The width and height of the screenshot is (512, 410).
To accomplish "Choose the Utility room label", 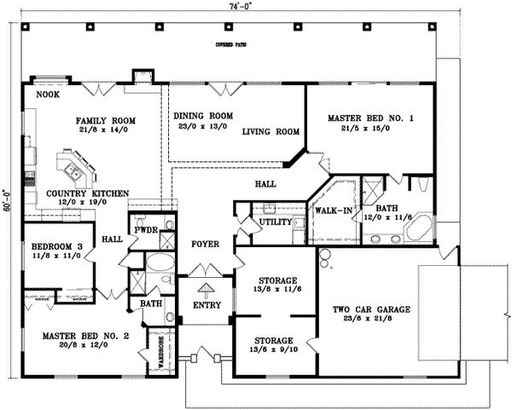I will click(x=281, y=222).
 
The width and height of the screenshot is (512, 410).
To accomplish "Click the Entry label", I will click(x=207, y=305).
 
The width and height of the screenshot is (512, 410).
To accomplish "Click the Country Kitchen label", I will click(x=76, y=193).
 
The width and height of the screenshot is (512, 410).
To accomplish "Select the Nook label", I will click(x=48, y=95).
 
